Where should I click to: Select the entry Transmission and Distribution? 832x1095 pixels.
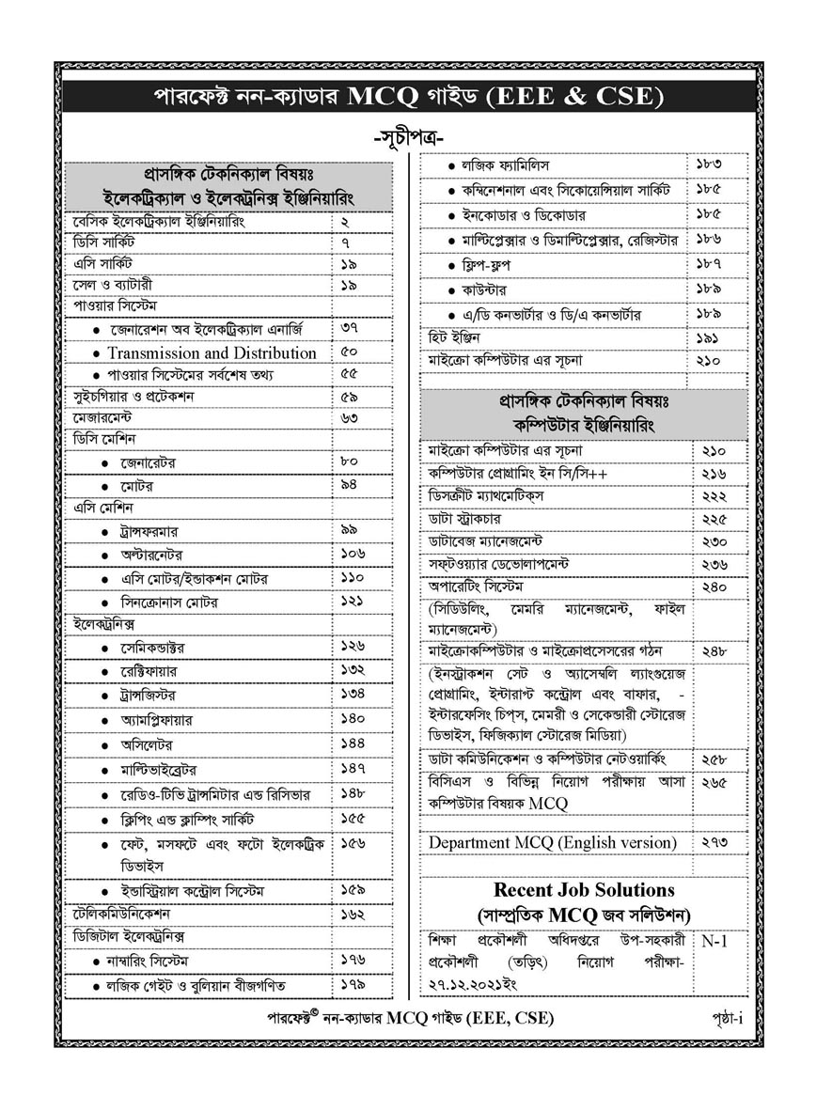(x=212, y=353)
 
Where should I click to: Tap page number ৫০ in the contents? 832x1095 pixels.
(x=350, y=352)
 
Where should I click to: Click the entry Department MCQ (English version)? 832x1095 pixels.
(x=552, y=843)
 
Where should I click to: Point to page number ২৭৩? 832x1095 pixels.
(x=714, y=842)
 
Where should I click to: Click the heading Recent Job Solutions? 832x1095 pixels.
(x=584, y=889)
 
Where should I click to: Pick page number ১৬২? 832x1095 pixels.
(x=353, y=913)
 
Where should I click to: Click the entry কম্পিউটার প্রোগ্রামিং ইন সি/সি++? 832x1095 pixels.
(x=517, y=474)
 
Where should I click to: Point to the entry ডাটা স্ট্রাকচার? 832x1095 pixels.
(x=464, y=519)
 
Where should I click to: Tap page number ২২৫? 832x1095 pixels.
(x=714, y=519)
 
